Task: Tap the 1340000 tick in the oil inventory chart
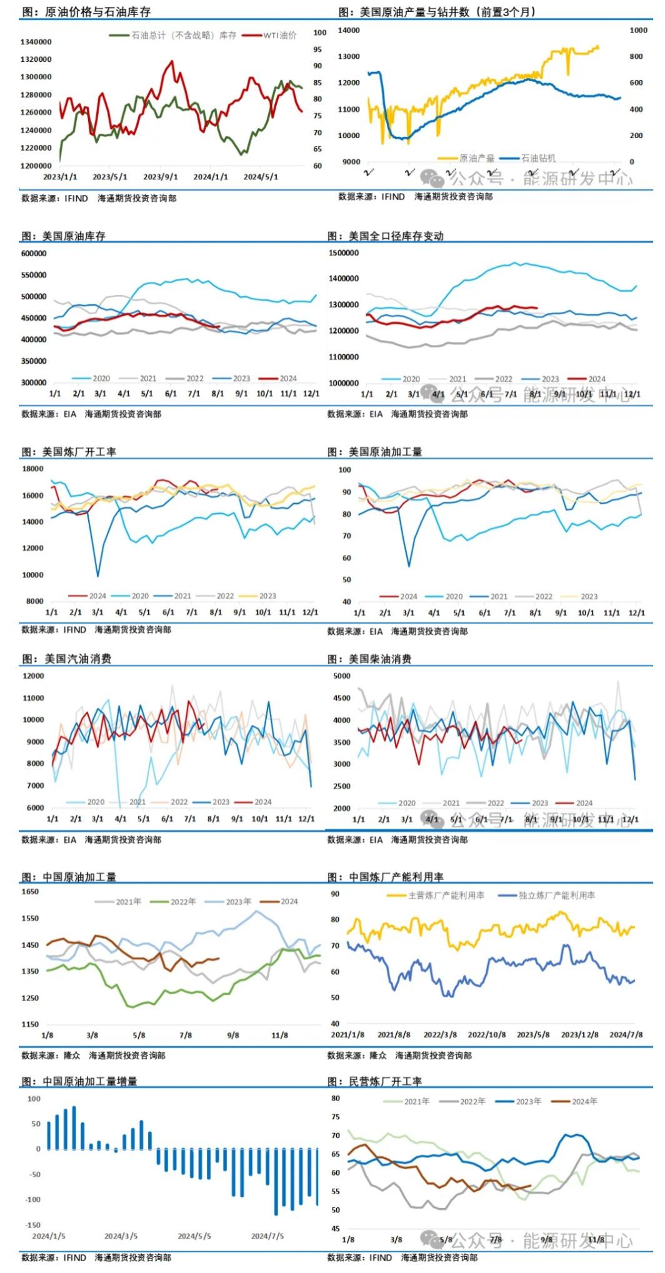(36, 42)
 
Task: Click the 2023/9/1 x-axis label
(161, 177)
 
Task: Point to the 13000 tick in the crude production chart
(349, 56)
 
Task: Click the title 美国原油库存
(74, 236)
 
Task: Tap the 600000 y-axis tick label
(34, 254)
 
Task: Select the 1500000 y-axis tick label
(344, 253)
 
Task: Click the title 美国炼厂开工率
(79, 452)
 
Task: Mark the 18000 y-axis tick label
(33, 469)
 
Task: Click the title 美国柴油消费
(379, 659)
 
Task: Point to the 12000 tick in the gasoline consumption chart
(33, 676)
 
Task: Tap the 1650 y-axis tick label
(30, 892)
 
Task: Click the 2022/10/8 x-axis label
(487, 1035)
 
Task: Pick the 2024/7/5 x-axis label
(267, 1236)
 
